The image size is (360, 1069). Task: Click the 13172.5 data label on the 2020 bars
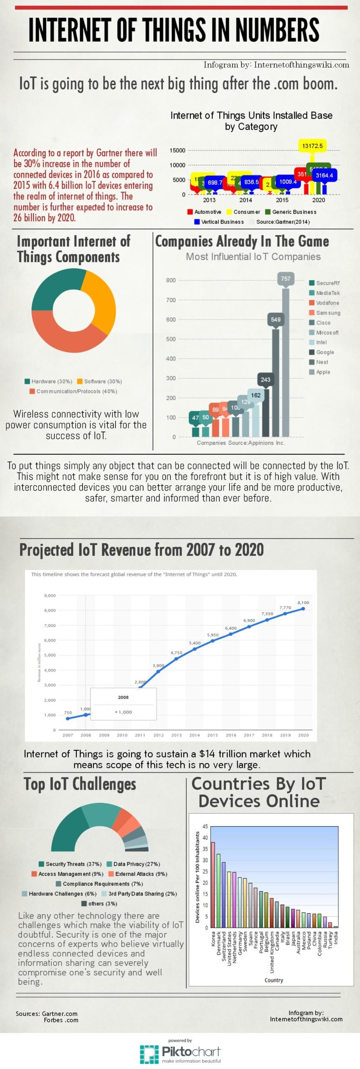click(x=312, y=146)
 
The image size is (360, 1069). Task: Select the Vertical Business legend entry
click(x=219, y=222)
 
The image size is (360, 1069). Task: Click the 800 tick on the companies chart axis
click(x=171, y=280)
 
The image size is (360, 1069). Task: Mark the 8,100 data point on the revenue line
click(x=303, y=608)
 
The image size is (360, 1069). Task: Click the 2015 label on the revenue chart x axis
click(x=213, y=735)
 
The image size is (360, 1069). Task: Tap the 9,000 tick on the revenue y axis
click(x=50, y=595)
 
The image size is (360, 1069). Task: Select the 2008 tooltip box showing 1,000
click(x=124, y=704)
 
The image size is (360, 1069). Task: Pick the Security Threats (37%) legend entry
click(x=70, y=864)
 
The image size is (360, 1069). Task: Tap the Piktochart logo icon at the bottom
click(x=149, y=1054)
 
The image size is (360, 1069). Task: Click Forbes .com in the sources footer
click(x=61, y=1020)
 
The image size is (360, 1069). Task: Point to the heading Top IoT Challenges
click(x=80, y=784)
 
